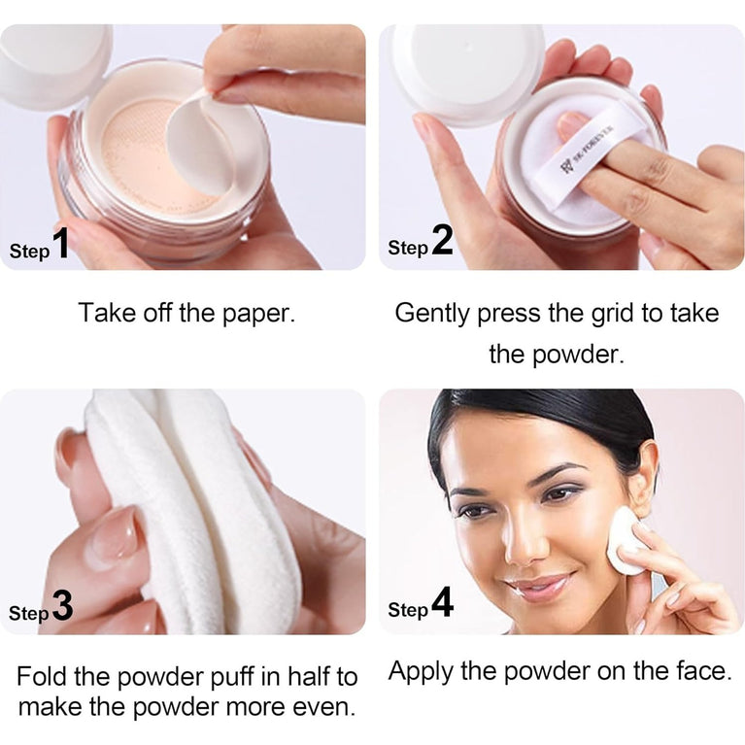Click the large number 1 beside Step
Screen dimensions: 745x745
61,245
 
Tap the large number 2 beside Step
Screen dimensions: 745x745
443,242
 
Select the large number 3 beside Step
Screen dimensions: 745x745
62,607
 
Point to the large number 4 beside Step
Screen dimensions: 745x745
442,603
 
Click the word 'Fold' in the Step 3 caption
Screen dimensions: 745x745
42,676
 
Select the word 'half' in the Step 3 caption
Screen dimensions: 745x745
309,676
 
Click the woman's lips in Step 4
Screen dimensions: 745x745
537,587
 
